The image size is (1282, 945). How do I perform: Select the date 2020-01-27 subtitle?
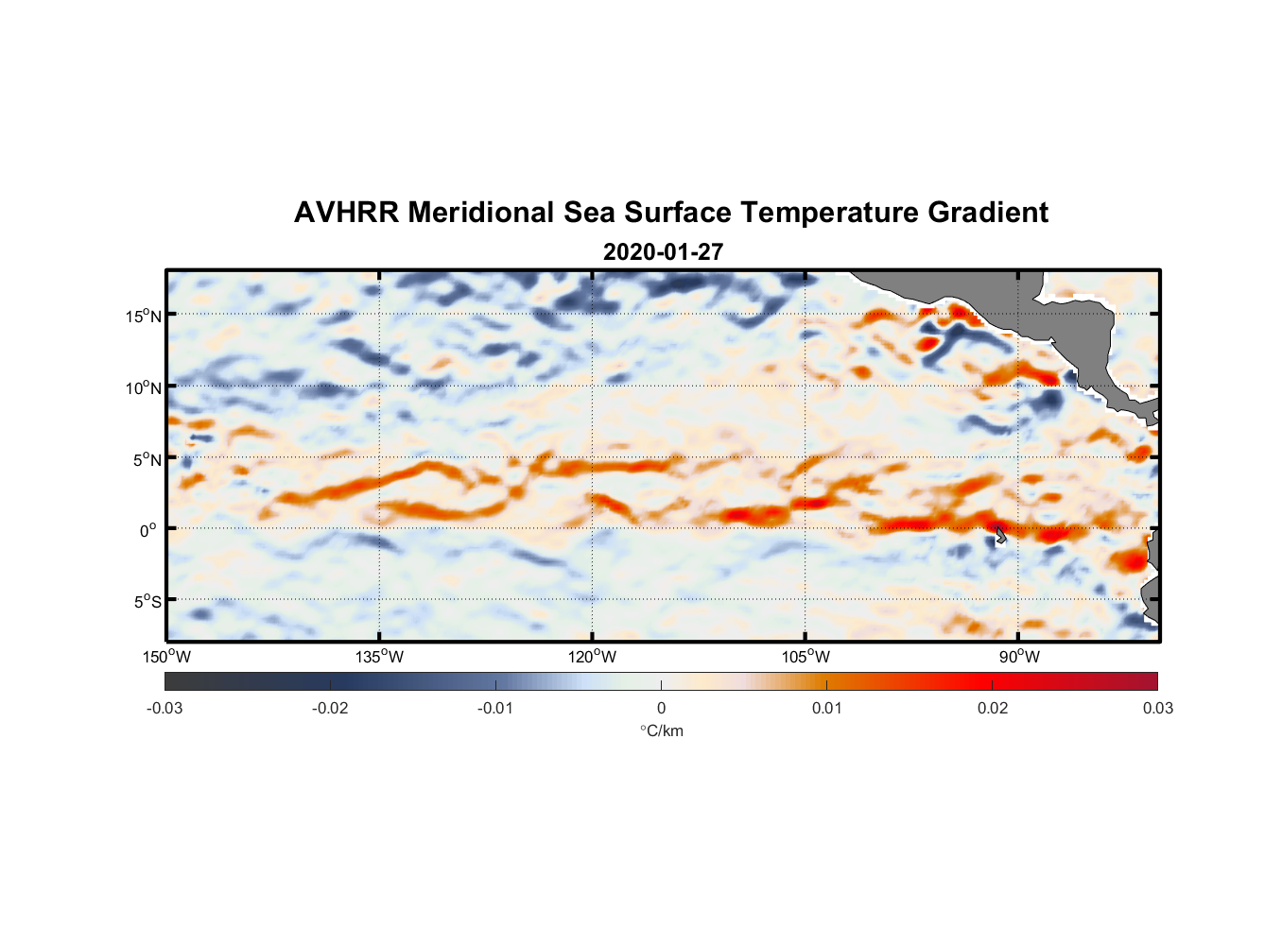(663, 252)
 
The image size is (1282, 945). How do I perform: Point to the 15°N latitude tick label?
(144, 316)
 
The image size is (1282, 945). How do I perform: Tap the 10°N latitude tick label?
(144, 387)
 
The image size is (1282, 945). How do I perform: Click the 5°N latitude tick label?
(147, 459)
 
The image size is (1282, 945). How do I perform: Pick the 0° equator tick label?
(148, 530)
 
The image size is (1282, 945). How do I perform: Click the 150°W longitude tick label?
(166, 657)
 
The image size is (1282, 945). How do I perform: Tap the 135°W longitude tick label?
(379, 657)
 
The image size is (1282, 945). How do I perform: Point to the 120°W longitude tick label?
(592, 657)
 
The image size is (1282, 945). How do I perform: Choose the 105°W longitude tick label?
(806, 657)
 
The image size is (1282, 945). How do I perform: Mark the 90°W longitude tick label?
(1019, 657)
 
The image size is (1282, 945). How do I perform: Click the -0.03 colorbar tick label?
(165, 709)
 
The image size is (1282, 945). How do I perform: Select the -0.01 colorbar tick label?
(495, 709)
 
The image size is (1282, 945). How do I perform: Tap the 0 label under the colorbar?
(661, 709)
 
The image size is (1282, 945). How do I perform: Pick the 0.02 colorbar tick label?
(993, 709)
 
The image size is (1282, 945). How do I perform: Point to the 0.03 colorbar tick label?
(1157, 709)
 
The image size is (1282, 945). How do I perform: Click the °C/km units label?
(661, 730)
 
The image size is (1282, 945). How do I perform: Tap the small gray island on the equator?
(1000, 535)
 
